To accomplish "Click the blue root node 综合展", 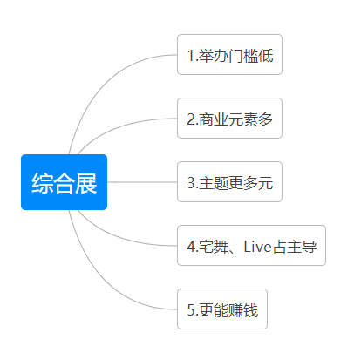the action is coord(64,182).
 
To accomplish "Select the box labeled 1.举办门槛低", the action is coord(229,55).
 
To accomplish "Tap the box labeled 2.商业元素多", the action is coord(229,119).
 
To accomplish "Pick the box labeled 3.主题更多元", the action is coord(229,182).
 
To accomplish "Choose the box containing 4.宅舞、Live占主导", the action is coord(251,246).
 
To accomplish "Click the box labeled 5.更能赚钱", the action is coord(222,309).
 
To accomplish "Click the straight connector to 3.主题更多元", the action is coord(142,182).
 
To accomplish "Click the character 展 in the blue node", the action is coord(86,183).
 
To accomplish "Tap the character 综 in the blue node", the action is coord(43,183).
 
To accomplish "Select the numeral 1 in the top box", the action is coord(191,56).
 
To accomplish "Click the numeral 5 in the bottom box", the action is coord(191,310).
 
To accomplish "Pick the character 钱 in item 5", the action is coord(250,310).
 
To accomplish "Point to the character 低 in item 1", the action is coord(266,56).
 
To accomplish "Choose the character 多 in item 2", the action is coord(265,119).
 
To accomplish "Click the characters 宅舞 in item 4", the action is coord(214,247).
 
